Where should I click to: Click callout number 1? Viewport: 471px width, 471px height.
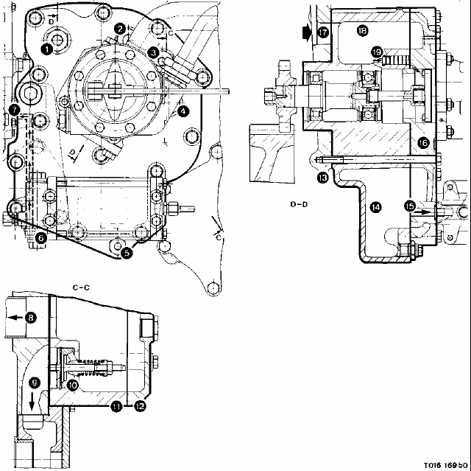[46, 50]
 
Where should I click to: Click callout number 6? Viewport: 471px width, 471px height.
[40, 237]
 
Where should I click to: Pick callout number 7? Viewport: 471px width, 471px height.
[13, 111]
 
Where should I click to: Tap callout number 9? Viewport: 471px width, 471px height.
[32, 383]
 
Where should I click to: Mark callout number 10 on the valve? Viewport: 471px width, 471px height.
[73, 385]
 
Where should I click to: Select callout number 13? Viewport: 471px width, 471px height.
[322, 178]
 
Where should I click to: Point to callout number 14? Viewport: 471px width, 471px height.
[376, 207]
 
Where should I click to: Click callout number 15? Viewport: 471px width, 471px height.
[410, 206]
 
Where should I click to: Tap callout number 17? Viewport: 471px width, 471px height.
[324, 32]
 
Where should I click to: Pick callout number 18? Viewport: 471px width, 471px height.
[361, 30]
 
